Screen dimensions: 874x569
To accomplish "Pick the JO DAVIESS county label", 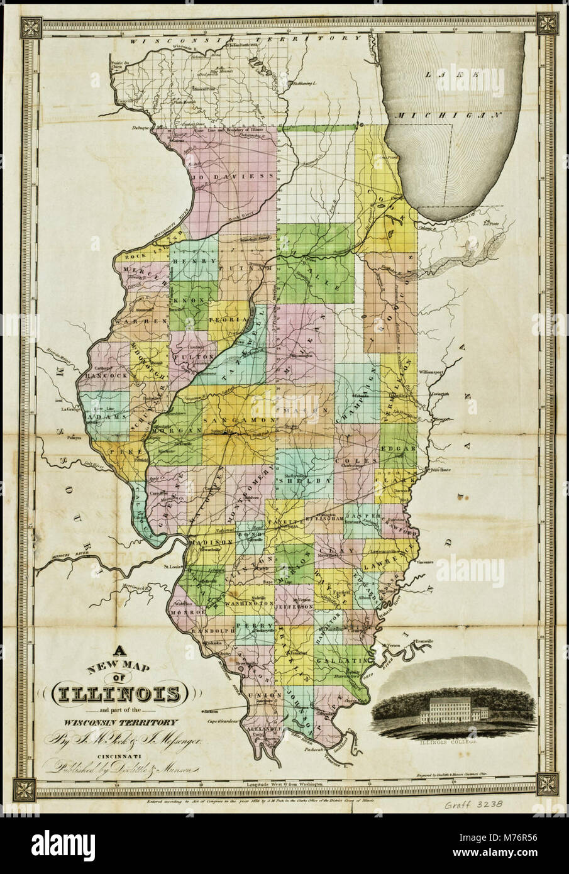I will pyautogui.click(x=231, y=178).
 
